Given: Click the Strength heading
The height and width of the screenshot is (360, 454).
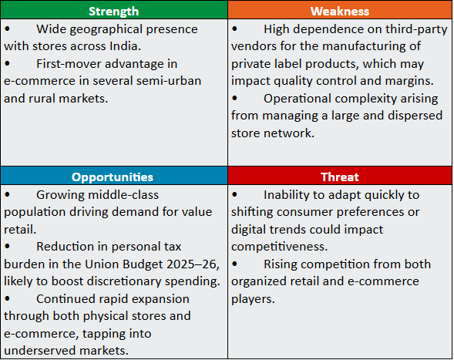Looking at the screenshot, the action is point(113,12).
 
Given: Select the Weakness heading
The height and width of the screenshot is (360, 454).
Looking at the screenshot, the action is point(340,12).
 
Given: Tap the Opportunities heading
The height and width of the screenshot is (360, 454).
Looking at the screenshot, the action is point(113,177).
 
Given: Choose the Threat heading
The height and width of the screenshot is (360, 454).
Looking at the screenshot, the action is point(340,177).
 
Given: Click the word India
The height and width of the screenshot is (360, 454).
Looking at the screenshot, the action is point(125,46).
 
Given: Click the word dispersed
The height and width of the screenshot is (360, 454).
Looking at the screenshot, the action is point(415,116).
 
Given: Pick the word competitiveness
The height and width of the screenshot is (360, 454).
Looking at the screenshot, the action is point(279,247).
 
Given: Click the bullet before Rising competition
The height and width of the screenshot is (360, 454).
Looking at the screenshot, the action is point(234,264).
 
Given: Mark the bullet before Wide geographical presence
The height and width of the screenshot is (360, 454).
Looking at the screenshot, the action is point(7,29).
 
